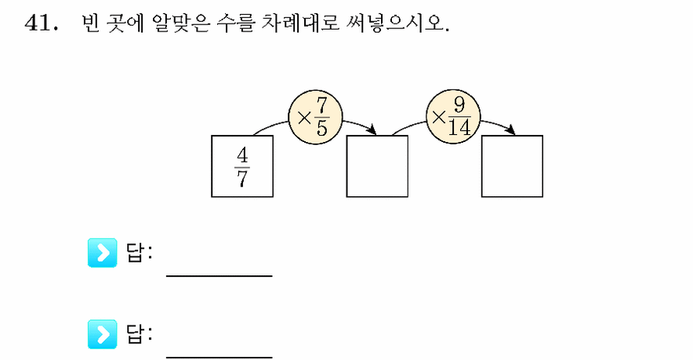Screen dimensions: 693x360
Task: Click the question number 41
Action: click(41, 22)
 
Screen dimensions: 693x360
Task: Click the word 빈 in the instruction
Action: click(90, 23)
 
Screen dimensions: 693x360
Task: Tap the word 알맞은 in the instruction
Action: click(180, 23)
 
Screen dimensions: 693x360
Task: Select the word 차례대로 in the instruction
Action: click(300, 23)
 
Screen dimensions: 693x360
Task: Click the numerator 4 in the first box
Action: click(242, 155)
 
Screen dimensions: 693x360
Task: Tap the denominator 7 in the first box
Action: click(242, 179)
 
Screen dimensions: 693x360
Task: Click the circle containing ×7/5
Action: click(315, 118)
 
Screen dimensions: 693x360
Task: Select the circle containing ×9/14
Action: click(453, 118)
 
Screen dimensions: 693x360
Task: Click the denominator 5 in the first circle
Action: click(321, 129)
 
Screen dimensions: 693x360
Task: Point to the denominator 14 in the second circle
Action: click(459, 128)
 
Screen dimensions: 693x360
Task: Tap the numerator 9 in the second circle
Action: click(459, 106)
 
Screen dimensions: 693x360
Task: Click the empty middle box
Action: click(377, 166)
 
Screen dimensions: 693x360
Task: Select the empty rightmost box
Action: click(512, 166)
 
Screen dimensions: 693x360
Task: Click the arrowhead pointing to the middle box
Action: click(372, 130)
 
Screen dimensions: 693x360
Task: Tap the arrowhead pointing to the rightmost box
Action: click(510, 129)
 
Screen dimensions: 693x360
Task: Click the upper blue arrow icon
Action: click(103, 253)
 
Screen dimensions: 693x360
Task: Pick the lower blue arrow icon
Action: click(103, 334)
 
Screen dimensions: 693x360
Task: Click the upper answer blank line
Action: click(220, 276)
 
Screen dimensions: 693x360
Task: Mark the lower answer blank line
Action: click(220, 357)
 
